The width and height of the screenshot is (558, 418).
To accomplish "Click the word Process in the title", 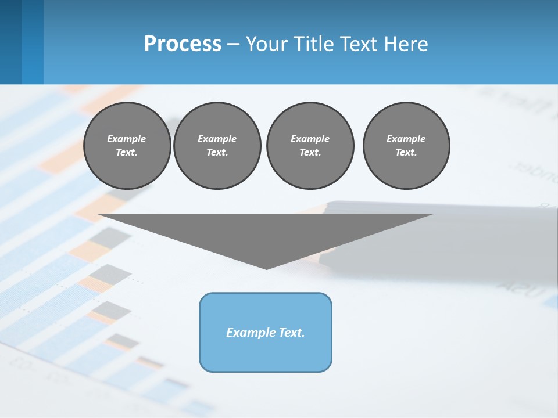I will (x=183, y=44).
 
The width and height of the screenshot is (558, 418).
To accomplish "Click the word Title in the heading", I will (x=313, y=44).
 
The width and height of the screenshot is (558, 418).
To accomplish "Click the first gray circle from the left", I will (x=127, y=146).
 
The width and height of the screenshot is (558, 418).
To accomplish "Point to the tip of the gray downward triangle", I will (x=266, y=268).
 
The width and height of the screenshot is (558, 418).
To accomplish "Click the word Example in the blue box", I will (x=249, y=333).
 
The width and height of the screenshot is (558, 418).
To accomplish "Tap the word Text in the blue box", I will (x=290, y=333).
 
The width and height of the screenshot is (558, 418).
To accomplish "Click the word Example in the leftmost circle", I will (x=127, y=139).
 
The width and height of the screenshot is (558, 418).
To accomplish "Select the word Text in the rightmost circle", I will (x=406, y=152).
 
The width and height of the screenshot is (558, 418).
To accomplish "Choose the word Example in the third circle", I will (x=310, y=139).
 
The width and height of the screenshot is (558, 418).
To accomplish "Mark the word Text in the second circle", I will (x=217, y=152).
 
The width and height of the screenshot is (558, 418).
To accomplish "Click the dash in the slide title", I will (x=233, y=44).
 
